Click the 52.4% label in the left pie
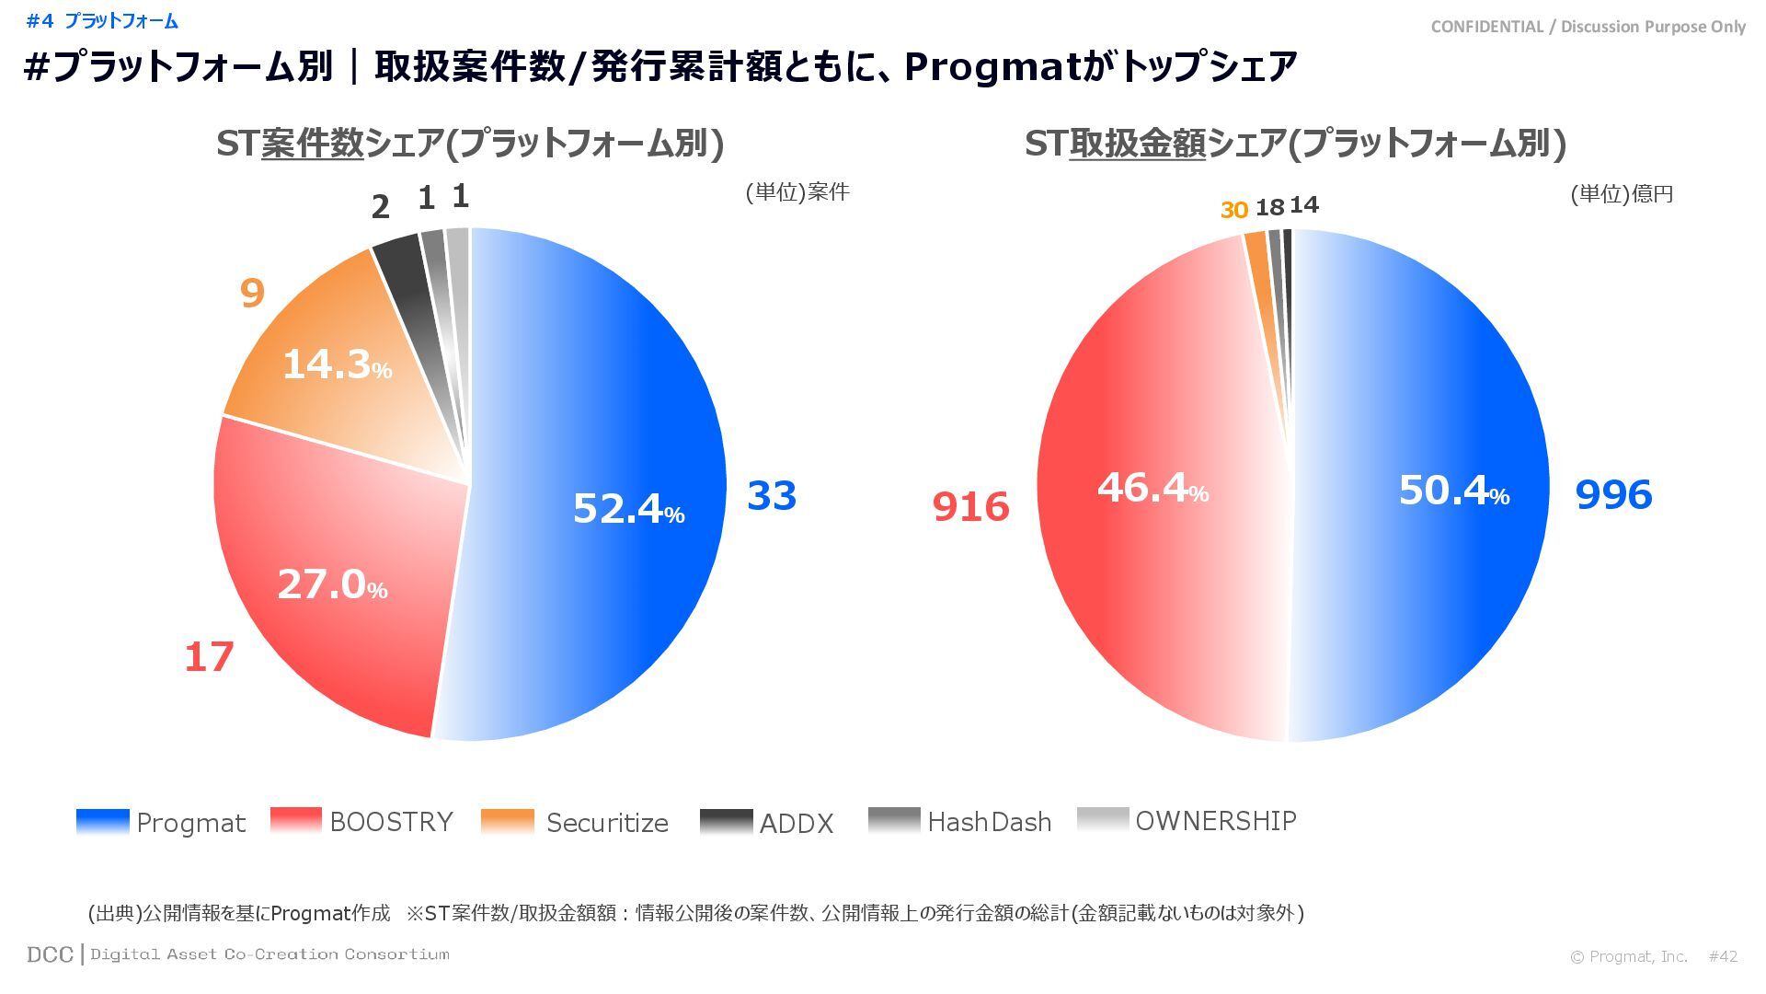pyautogui.click(x=628, y=508)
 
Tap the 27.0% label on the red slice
pyautogui.click(x=332, y=584)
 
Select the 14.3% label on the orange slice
pyautogui.click(x=337, y=364)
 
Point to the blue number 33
pyautogui.click(x=772, y=495)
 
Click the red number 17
pyautogui.click(x=209, y=657)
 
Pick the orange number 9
pyautogui.click(x=252, y=293)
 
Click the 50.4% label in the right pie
pyautogui.click(x=1453, y=490)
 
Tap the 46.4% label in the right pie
pyautogui.click(x=1152, y=487)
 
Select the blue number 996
pyautogui.click(x=1613, y=494)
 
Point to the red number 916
pyautogui.click(x=970, y=506)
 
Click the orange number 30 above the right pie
pyautogui.click(x=1233, y=210)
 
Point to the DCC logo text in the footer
pyautogui.click(x=50, y=954)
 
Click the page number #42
pyautogui.click(x=1723, y=956)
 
